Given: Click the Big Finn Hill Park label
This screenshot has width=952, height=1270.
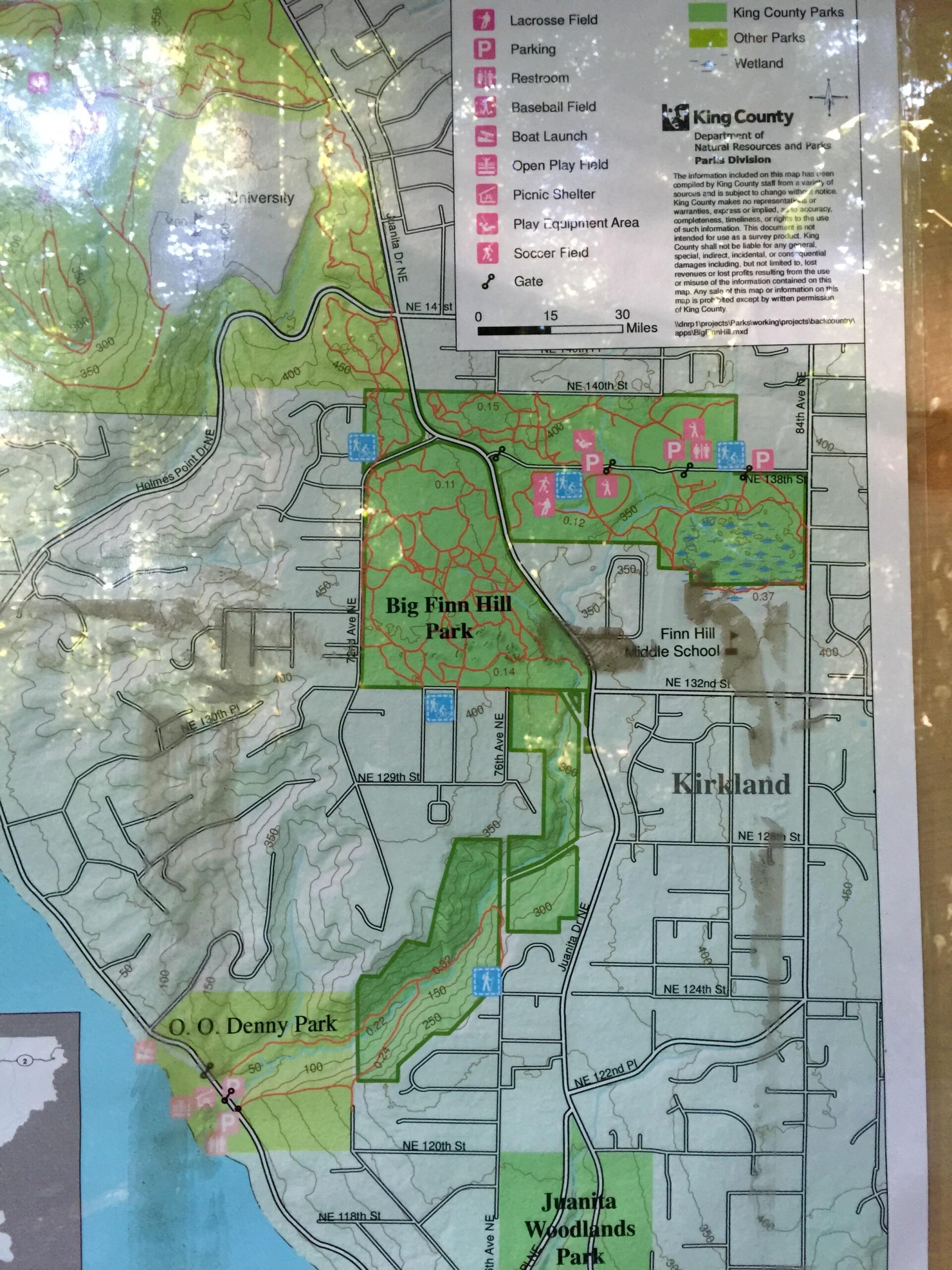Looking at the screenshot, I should click(448, 618).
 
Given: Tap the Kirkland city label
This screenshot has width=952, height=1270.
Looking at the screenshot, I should click(730, 784).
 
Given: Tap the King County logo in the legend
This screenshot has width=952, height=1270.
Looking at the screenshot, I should click(676, 117).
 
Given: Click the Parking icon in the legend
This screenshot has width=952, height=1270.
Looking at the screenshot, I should click(484, 49).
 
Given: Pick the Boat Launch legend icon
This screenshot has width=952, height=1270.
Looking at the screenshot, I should click(485, 136).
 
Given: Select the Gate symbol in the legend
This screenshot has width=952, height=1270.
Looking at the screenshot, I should click(488, 281).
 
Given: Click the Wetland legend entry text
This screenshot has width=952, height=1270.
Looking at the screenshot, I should click(758, 63).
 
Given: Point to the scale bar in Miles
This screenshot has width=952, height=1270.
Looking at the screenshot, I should click(549, 329).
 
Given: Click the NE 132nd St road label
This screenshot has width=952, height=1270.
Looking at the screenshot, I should click(697, 683).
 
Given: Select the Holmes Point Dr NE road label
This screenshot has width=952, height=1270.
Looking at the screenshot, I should click(175, 460).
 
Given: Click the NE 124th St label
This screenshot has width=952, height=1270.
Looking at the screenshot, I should click(694, 989).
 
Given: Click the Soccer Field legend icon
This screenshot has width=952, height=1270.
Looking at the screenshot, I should click(485, 252).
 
